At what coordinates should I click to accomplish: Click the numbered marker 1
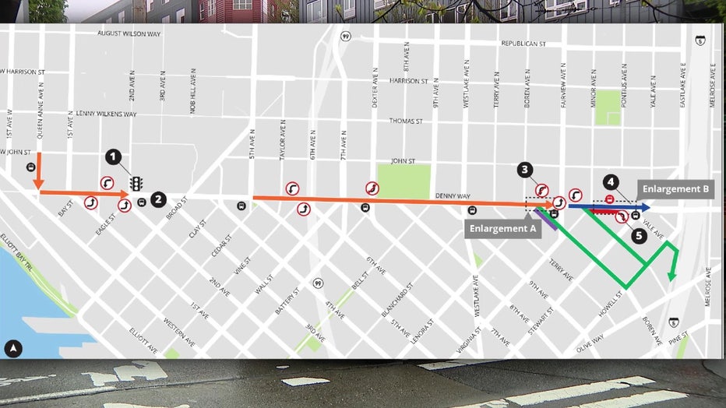[x=114, y=157]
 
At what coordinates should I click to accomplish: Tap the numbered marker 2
[x=157, y=199]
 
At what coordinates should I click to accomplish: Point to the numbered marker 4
[x=611, y=182]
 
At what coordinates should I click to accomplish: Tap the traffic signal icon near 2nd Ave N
[x=136, y=184]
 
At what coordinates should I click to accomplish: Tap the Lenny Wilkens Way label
[x=107, y=114]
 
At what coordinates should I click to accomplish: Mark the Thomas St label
[x=406, y=121]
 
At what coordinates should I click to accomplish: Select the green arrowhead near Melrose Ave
[x=671, y=275]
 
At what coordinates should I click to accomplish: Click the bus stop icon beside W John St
[x=31, y=166]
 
